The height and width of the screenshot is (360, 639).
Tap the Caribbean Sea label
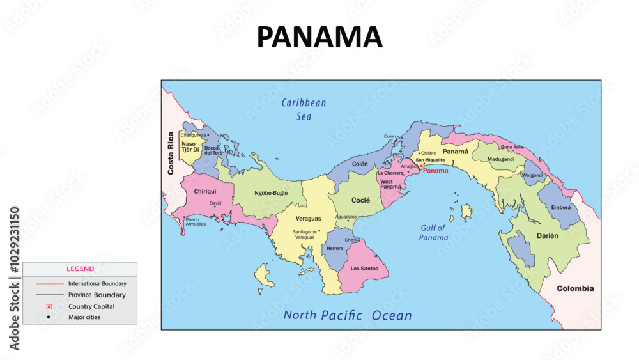coord(304,109)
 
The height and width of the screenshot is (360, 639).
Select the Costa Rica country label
coord(171,153)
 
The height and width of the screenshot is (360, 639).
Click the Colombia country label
coord(575,288)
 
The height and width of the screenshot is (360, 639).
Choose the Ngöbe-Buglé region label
coord(271,192)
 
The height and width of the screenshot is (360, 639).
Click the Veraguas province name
coord(308,219)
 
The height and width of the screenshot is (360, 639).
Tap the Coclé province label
coord(360,200)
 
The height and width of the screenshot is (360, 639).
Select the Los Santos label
coord(364,269)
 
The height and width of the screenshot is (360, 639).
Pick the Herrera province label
coord(334,248)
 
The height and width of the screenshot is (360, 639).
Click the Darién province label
coord(547,235)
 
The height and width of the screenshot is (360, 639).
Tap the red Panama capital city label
coord(436,171)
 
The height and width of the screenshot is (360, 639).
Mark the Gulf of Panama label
coord(434,232)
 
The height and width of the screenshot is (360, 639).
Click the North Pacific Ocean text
coord(348,315)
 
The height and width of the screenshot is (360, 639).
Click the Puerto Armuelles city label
coord(196,222)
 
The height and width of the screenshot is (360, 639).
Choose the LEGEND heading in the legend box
coord(80,269)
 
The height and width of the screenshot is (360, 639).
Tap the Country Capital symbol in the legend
coord(49,306)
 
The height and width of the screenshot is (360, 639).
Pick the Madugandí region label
coord(501,159)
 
